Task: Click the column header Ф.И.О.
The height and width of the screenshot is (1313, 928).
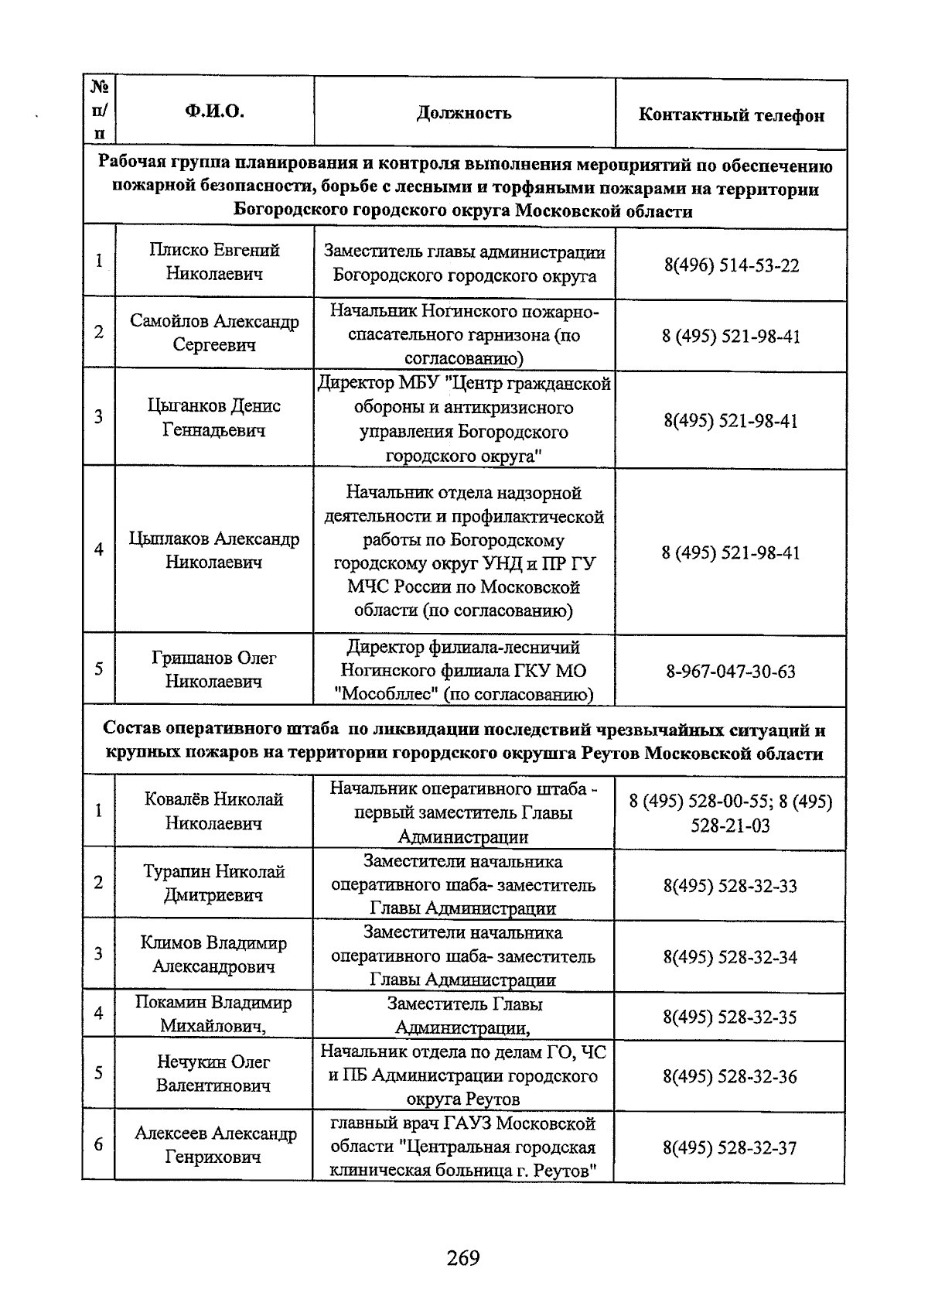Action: [x=214, y=111]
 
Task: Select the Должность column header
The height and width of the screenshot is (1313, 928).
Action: [x=464, y=113]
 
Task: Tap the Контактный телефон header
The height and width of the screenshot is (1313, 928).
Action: [x=731, y=115]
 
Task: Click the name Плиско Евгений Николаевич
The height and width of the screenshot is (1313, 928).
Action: [x=214, y=262]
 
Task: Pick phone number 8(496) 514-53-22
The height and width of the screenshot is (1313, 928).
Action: [x=731, y=265]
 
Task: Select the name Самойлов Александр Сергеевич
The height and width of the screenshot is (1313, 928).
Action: [x=214, y=333]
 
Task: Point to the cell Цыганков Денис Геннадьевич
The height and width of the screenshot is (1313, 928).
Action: [x=214, y=418]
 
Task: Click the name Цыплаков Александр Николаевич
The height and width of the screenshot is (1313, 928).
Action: [x=214, y=550]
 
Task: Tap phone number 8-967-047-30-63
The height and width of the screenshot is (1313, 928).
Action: [x=731, y=671]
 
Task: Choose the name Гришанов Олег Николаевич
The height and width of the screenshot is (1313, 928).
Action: [x=214, y=669]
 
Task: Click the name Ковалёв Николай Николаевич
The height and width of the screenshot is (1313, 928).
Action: [x=214, y=811]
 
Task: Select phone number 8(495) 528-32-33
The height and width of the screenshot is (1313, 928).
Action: [x=730, y=886]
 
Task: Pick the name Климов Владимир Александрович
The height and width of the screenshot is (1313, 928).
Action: [x=214, y=954]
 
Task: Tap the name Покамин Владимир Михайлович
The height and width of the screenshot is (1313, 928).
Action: [x=214, y=1014]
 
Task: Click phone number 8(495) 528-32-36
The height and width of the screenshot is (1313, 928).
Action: [x=730, y=1076]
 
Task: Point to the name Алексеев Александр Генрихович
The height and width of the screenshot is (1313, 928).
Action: [x=215, y=1145]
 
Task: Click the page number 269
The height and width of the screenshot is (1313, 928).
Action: [x=463, y=1258]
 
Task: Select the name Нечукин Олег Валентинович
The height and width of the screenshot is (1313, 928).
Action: [x=214, y=1073]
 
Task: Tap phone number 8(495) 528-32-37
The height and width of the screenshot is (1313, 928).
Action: [x=730, y=1147]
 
